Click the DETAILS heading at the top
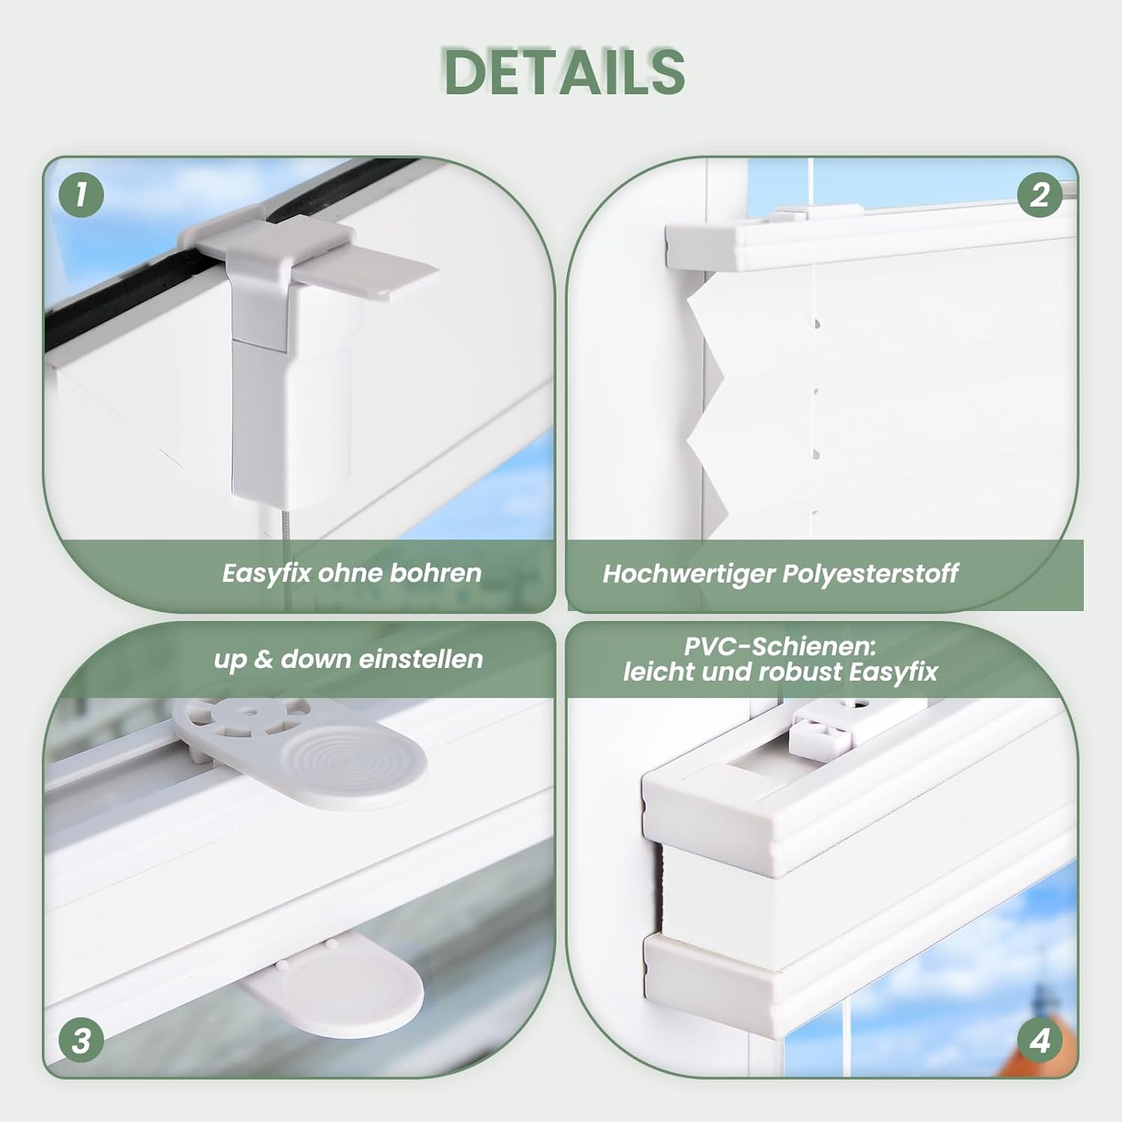565,72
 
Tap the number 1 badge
81,194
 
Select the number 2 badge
1040,194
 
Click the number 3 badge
81,1040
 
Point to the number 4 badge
1040,1040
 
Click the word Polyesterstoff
870,574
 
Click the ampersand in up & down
263,659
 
